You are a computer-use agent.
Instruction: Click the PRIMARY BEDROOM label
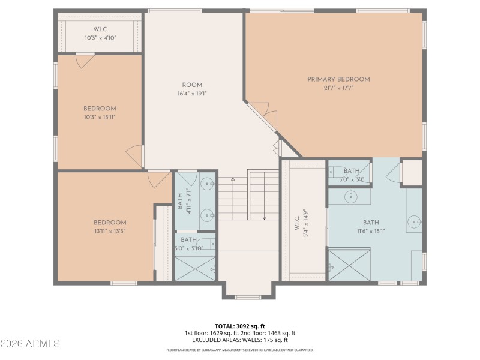click(338, 79)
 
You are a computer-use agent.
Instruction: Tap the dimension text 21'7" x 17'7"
click(338, 88)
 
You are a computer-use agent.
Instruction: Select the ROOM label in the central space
click(192, 85)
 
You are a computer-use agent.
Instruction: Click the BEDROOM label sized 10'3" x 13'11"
click(100, 109)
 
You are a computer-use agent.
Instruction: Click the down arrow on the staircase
click(264, 217)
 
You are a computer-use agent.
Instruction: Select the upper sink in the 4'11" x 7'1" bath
click(208, 183)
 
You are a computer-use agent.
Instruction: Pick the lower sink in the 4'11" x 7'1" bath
click(208, 212)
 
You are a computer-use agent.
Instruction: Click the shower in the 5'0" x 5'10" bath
click(196, 269)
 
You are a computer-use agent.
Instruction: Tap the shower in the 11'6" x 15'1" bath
click(349, 265)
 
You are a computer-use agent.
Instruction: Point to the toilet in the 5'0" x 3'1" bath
click(334, 170)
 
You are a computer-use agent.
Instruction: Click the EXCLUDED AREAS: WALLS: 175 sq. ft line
click(240, 340)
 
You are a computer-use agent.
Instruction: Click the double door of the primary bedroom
click(264, 114)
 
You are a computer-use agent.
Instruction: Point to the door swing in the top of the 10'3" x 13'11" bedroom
click(85, 61)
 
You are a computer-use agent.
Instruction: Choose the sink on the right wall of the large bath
click(415, 223)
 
